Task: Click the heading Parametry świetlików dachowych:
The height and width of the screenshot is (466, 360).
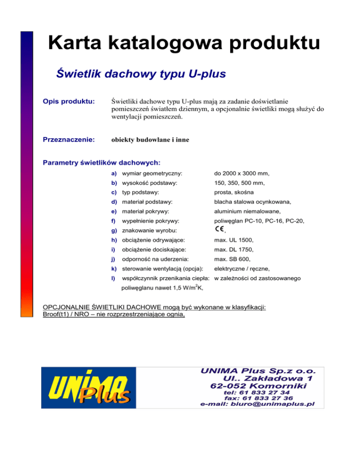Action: point(102,163)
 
